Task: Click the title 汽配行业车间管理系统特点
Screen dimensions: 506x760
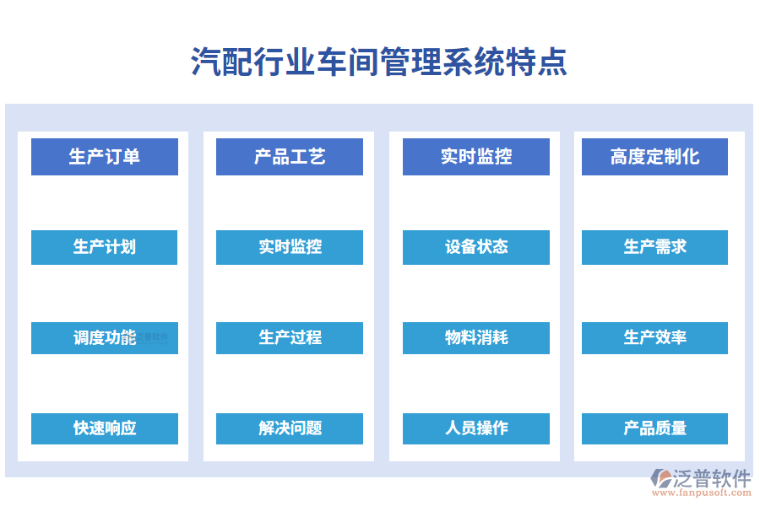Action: [x=379, y=62]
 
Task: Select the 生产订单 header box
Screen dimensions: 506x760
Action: [x=105, y=157]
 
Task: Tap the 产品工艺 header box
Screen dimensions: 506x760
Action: [x=290, y=157]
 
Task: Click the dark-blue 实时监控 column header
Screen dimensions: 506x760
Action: [x=475, y=157]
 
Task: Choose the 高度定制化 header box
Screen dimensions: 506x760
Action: [x=654, y=157]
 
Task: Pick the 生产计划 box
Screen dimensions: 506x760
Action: [x=105, y=247]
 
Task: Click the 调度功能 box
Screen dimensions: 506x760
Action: [x=105, y=337]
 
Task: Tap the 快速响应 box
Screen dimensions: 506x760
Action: [x=105, y=428]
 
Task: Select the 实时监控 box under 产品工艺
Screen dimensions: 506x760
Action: [x=290, y=247]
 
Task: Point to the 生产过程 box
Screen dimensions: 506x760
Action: [x=290, y=337]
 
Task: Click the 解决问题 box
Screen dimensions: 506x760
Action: [x=290, y=428]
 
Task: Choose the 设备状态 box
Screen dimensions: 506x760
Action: [x=475, y=247]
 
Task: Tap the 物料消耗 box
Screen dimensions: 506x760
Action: [x=475, y=337]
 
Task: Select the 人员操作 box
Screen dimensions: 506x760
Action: [x=475, y=428]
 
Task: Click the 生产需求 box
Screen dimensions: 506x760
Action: [x=654, y=247]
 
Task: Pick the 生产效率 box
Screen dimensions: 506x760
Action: [x=654, y=337]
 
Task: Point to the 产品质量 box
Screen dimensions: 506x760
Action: [x=654, y=428]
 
